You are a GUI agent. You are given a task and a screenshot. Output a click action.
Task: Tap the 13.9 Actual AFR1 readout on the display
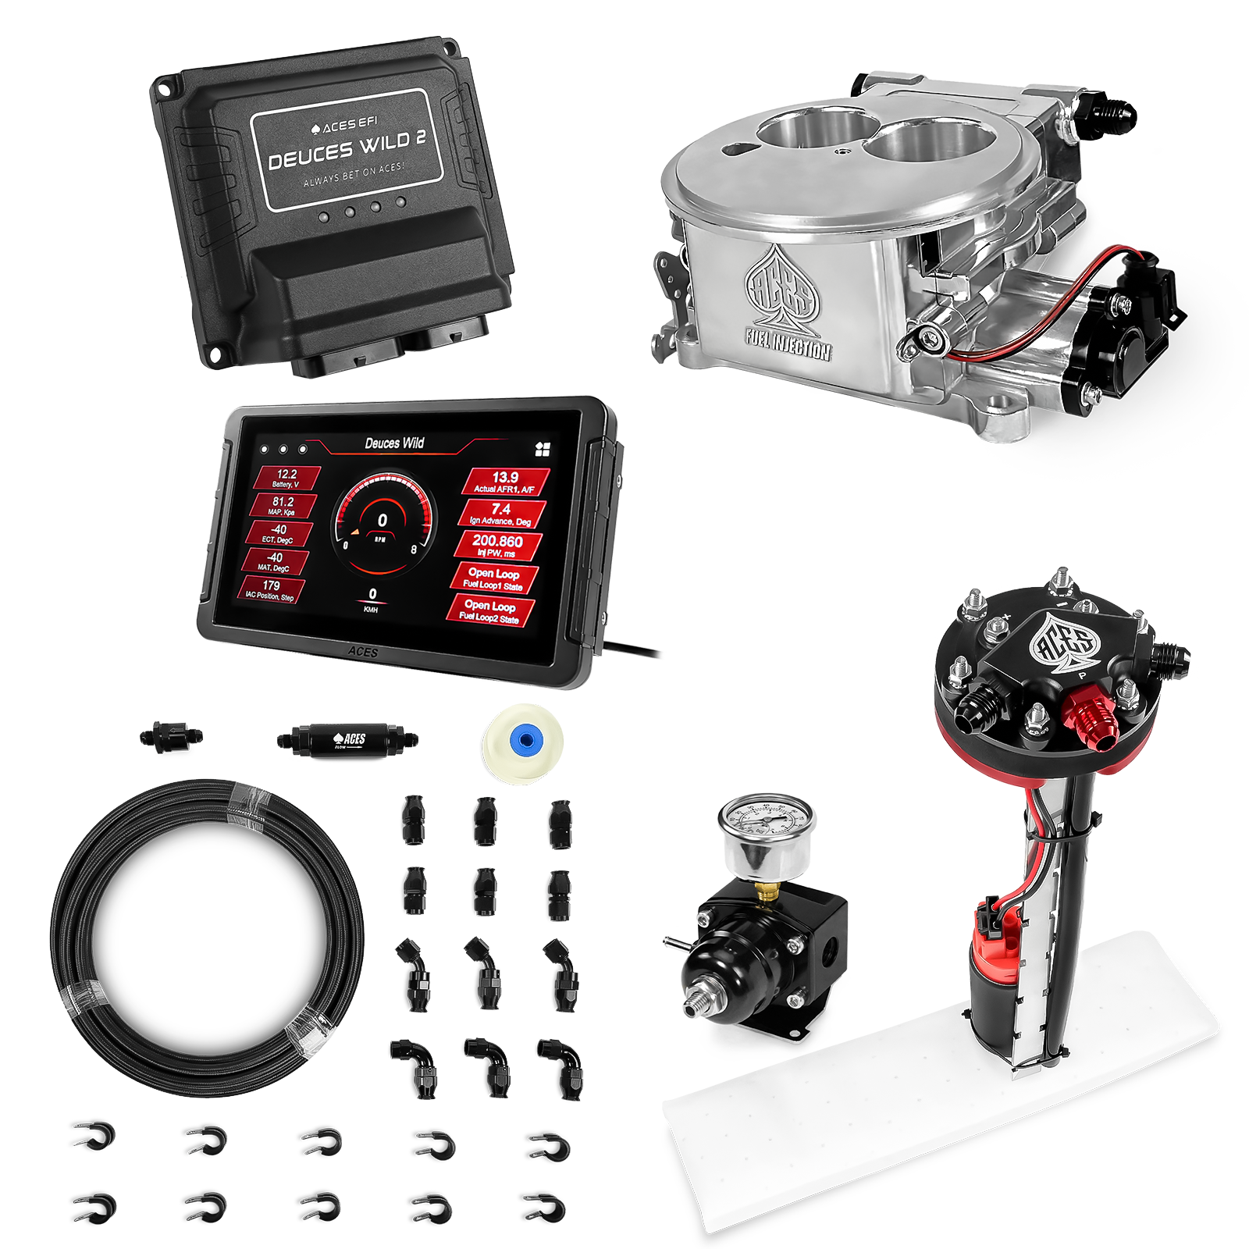(505, 481)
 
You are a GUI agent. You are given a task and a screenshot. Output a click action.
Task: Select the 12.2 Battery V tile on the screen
(286, 478)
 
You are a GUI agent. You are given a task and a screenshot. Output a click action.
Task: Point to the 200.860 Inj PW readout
(497, 545)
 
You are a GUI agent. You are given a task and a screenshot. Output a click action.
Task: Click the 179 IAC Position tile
(271, 589)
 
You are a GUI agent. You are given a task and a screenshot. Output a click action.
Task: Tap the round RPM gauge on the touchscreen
(382, 518)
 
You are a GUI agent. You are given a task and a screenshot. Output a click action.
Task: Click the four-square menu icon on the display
(543, 449)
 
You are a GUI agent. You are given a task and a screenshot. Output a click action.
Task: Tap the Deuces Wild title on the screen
(394, 443)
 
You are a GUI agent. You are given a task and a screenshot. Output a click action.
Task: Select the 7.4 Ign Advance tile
(501, 513)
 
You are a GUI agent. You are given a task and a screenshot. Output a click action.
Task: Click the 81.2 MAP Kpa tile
(283, 506)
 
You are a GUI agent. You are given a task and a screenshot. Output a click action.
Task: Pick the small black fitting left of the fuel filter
(171, 735)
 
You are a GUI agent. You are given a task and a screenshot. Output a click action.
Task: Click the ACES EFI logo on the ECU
(344, 125)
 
